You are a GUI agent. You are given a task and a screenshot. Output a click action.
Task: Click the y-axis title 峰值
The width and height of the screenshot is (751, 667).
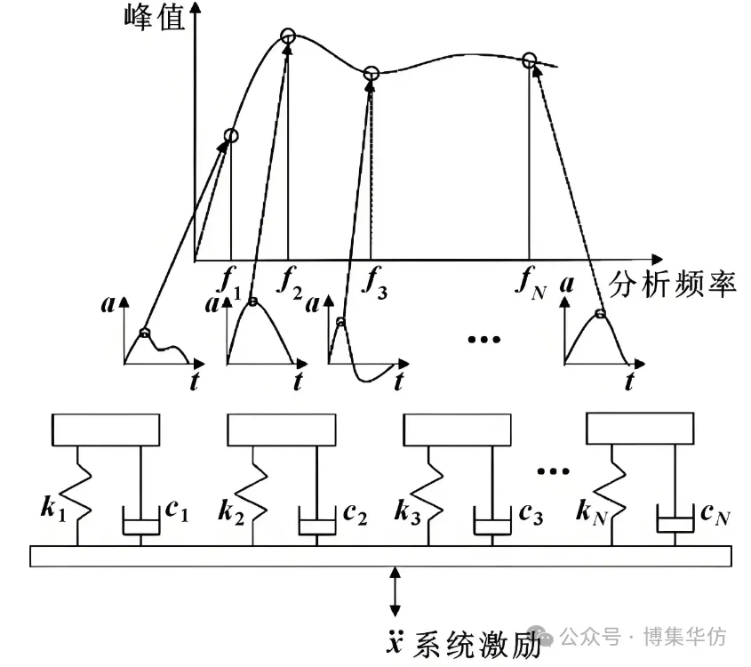click(x=155, y=18)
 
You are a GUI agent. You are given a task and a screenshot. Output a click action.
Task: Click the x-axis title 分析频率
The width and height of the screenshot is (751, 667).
click(x=673, y=285)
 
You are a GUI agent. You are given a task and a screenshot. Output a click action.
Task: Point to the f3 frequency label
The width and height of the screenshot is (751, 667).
click(x=374, y=283)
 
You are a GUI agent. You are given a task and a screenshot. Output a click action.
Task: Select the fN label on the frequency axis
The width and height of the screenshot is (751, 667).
click(x=531, y=283)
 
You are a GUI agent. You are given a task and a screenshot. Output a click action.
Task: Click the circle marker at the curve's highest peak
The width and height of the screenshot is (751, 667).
click(x=288, y=36)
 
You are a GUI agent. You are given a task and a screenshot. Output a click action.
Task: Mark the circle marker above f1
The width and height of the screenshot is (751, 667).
click(x=231, y=135)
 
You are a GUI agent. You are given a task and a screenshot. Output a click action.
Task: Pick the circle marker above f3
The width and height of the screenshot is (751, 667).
click(x=372, y=74)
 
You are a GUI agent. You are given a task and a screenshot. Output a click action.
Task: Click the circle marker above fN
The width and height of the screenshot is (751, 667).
click(x=529, y=60)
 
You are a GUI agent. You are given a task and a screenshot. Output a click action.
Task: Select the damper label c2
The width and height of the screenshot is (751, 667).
click(x=355, y=515)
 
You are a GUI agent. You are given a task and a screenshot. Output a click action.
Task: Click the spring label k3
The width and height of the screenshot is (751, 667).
click(x=408, y=511)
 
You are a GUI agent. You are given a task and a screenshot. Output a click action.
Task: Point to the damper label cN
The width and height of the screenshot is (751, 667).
click(x=715, y=515)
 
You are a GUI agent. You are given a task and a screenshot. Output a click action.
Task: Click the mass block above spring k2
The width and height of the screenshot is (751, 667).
click(x=282, y=430)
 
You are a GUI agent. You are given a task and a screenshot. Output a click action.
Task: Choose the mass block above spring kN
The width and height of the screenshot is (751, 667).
click(x=640, y=429)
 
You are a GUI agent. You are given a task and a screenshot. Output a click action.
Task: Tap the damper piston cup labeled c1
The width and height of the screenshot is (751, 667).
click(x=140, y=520)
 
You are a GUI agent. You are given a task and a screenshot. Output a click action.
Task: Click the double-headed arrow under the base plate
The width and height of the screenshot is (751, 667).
click(x=395, y=591)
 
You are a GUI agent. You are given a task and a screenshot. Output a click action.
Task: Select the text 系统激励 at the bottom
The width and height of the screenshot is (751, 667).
click(x=476, y=645)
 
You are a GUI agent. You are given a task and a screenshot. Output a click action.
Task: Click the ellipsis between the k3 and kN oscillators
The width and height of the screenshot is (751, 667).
click(x=553, y=471)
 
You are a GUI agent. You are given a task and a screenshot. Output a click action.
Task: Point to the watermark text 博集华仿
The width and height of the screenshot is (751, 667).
click(x=685, y=638)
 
